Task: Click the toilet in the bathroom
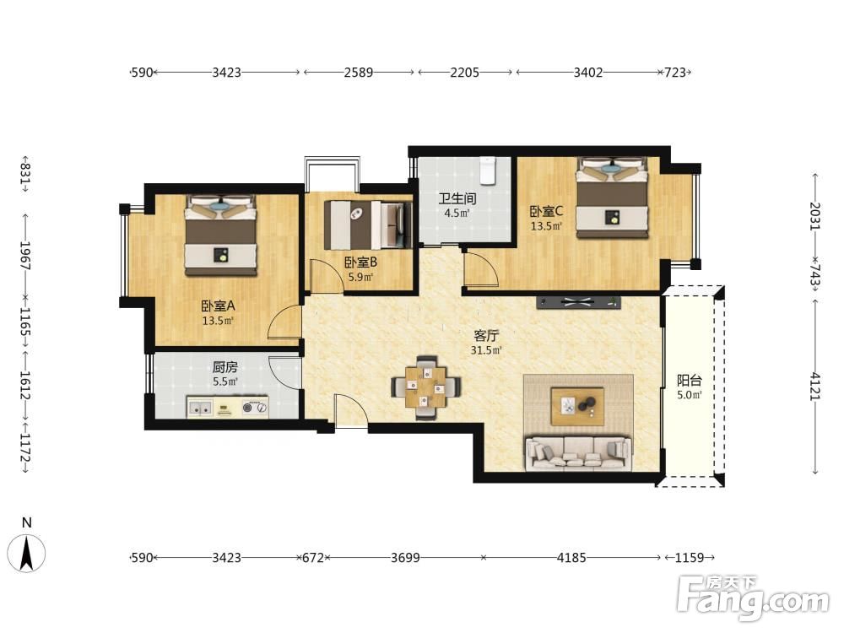[487, 170]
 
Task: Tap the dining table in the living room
[425, 387]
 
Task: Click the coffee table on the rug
[577, 406]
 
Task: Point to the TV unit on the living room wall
[578, 302]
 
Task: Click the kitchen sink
[200, 408]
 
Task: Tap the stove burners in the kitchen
[255, 408]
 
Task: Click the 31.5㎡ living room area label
[486, 350]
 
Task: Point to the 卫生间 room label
[457, 198]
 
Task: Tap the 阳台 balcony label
[689, 381]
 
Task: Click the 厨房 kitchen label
[225, 367]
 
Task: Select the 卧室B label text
[360, 262]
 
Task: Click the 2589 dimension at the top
[359, 72]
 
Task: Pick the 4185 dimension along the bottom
[571, 558]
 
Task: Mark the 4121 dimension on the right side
[815, 386]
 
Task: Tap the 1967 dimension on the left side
[24, 255]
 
